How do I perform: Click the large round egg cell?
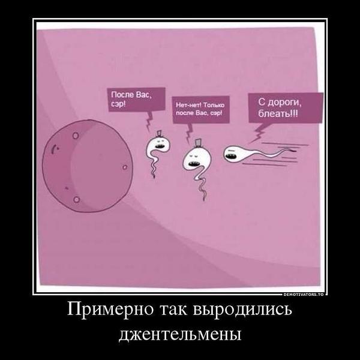pyautogui.click(x=88, y=166)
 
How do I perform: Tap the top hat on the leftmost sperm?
pyautogui.click(x=159, y=134)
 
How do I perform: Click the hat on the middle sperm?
pyautogui.click(x=197, y=143)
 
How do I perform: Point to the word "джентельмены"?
pyautogui.click(x=180, y=334)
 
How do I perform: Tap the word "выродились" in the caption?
pyautogui.click(x=242, y=310)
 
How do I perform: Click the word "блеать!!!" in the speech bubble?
pyautogui.click(x=278, y=113)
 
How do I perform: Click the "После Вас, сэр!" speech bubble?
pyautogui.click(x=137, y=99)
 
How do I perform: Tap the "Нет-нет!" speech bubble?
pyautogui.click(x=201, y=110)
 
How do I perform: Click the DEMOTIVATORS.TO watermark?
pyautogui.click(x=304, y=295)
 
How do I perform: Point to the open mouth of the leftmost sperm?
pyautogui.click(x=159, y=146)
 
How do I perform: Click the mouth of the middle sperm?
pyautogui.click(x=193, y=163)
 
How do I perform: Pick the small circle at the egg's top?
pyautogui.click(x=76, y=136)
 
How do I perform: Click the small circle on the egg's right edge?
pyautogui.click(x=125, y=167)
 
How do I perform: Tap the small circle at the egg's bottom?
pyautogui.click(x=76, y=199)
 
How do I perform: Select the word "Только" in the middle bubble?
pyautogui.click(x=214, y=106)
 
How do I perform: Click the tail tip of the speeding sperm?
pyautogui.click(x=295, y=151)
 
